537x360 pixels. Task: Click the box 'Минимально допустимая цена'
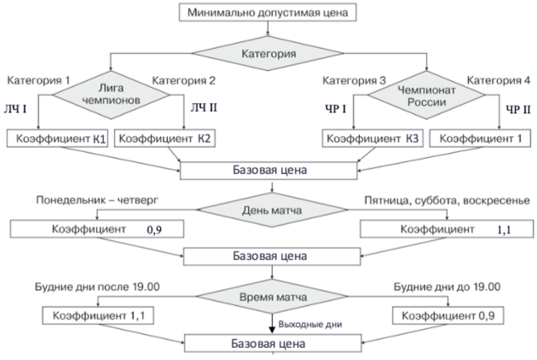pos(268,13)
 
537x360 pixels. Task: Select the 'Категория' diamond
pos(268,53)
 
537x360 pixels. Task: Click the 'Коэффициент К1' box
pos(58,140)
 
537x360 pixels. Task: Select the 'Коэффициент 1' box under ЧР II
pos(479,140)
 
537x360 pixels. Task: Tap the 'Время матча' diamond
pos(271,297)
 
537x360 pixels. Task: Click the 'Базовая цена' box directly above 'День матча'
pos(271,171)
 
